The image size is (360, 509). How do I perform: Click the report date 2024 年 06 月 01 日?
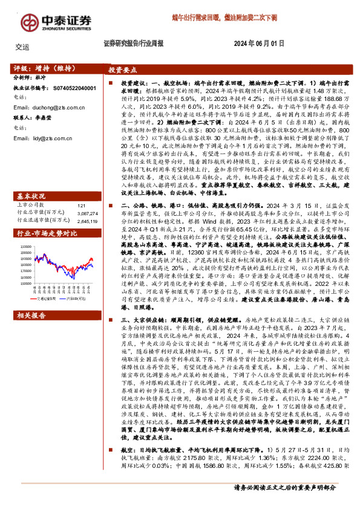coord(258,44)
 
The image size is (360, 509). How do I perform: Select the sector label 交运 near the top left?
coord(22,47)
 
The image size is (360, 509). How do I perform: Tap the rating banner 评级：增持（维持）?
coord(41,69)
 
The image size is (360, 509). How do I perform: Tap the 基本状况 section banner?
coord(31,180)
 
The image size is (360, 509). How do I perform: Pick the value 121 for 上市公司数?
coord(82,189)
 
